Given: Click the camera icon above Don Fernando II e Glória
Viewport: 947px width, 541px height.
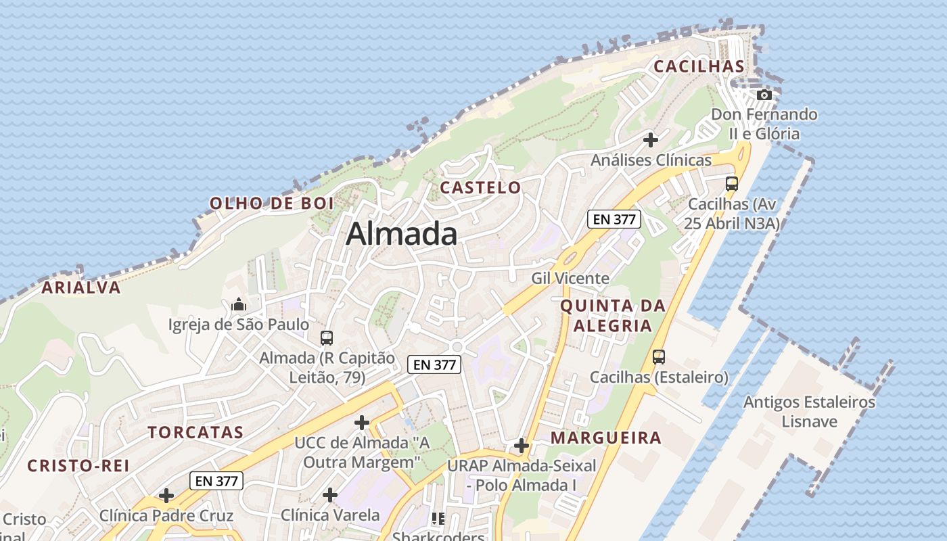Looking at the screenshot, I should pos(764,95).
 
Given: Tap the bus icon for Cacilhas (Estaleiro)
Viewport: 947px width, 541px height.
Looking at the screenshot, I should pos(659,356).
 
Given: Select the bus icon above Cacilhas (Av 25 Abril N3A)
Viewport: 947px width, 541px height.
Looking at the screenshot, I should pos(732,183).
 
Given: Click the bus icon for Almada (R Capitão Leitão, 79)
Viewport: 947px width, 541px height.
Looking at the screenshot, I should pos(327,337).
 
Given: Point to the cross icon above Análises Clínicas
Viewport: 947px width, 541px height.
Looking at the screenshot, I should pos(651,140).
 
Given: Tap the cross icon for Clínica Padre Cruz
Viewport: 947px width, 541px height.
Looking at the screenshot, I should pos(166,496).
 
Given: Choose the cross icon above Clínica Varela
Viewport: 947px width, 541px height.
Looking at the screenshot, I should pos(330,495).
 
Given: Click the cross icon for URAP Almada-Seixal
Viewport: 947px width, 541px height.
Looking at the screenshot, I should pos(522,446).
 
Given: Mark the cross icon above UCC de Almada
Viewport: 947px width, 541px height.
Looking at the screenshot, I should pos(362,423).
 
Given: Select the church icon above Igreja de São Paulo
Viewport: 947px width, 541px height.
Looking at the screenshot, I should pos(238,305).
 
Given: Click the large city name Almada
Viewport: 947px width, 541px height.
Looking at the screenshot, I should pos(401,234).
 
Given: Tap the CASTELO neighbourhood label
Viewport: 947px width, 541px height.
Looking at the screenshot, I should pos(481,188).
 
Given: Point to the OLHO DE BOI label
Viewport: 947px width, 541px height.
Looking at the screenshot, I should pos(272,204).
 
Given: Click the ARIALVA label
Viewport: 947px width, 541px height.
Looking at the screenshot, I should pos(81,287).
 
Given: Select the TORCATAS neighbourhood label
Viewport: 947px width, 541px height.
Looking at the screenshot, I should pos(195,433).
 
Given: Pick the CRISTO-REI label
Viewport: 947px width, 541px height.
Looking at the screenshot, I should pos(78,466).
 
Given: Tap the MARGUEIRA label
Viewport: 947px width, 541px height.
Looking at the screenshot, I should pos(606,438).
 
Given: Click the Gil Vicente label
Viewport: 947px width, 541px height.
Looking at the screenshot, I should pos(570,278).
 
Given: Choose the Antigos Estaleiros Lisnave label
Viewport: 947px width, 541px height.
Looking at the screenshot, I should pos(810,412).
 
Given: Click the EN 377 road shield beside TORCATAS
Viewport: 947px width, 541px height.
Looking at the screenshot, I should pos(216,481).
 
